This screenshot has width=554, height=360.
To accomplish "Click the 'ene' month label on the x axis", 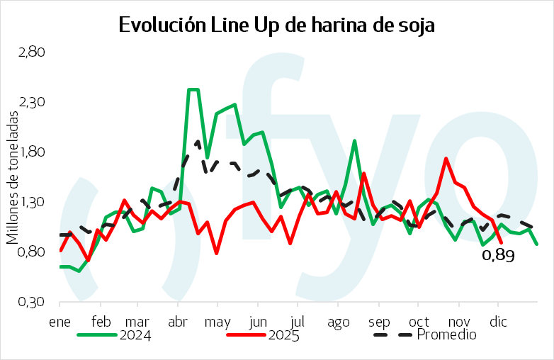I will coord(59,320).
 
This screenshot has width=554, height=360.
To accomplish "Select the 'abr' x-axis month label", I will coord(178,320).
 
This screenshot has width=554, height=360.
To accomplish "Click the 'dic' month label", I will coord(500,320).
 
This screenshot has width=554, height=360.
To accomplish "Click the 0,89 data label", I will coord(497,257).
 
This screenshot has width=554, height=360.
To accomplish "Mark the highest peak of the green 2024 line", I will coord(193,89).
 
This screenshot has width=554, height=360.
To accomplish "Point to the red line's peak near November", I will coord(446,158).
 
